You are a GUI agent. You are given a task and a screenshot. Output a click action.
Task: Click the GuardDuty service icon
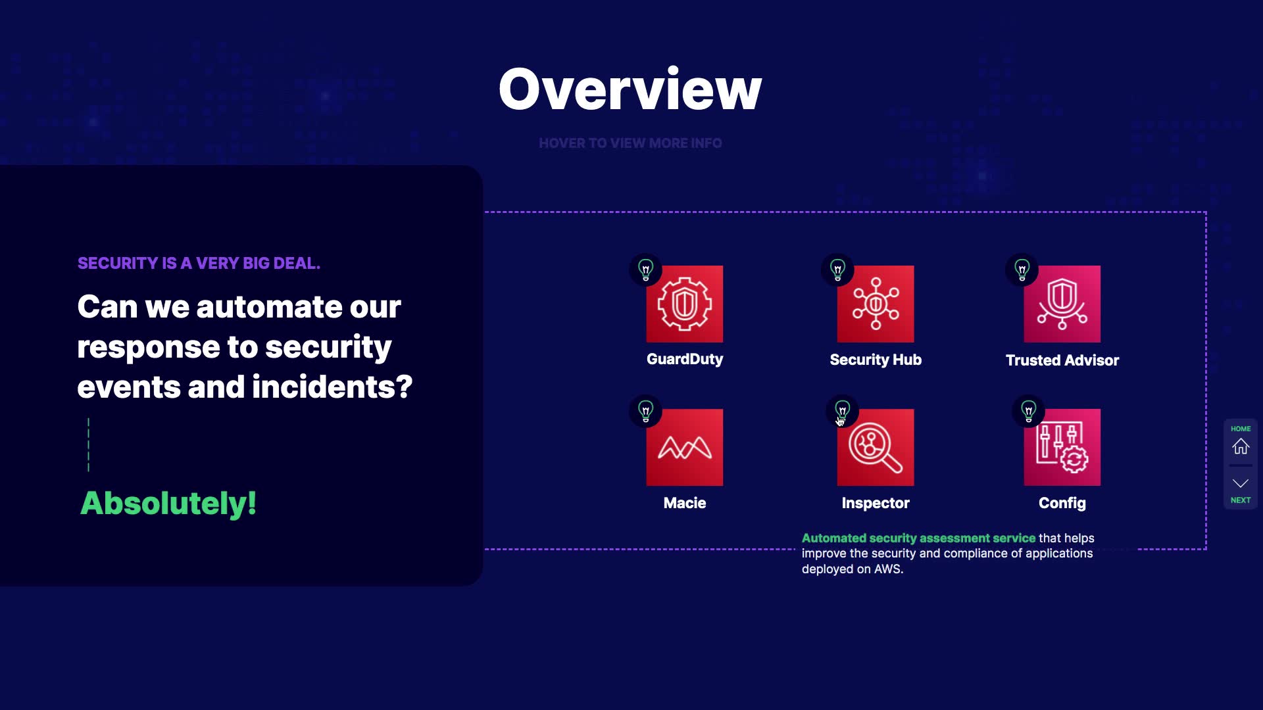click(684, 304)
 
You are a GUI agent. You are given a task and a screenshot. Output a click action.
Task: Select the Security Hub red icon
click(876, 304)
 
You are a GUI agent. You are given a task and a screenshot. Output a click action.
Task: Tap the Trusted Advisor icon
click(1062, 304)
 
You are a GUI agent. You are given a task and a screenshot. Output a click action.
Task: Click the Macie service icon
click(684, 447)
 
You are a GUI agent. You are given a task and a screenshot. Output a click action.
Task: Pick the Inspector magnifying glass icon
click(876, 447)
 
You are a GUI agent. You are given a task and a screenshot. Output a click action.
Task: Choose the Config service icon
click(1062, 447)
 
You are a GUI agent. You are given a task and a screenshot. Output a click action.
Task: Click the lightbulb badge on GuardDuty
click(646, 270)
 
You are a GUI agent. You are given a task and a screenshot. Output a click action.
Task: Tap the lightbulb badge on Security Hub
click(837, 270)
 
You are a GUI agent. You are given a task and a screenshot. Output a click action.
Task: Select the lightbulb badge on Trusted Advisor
click(1022, 270)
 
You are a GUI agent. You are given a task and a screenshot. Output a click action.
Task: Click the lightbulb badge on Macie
click(646, 412)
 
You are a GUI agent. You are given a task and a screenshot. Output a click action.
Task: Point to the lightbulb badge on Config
click(1029, 412)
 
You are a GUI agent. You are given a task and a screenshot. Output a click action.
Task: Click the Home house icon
click(1241, 446)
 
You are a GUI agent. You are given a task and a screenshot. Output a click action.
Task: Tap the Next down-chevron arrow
click(1241, 483)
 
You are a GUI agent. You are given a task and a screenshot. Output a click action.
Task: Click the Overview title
click(630, 89)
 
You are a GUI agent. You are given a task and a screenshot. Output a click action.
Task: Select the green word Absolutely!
click(168, 504)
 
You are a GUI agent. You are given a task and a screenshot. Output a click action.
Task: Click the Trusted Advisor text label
click(1062, 360)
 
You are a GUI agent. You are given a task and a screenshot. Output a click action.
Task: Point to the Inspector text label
click(876, 503)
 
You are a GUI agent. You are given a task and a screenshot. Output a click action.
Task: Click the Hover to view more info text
click(630, 143)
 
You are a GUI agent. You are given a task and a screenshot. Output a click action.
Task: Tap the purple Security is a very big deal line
click(199, 263)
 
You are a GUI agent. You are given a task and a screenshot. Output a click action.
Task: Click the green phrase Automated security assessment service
click(918, 538)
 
